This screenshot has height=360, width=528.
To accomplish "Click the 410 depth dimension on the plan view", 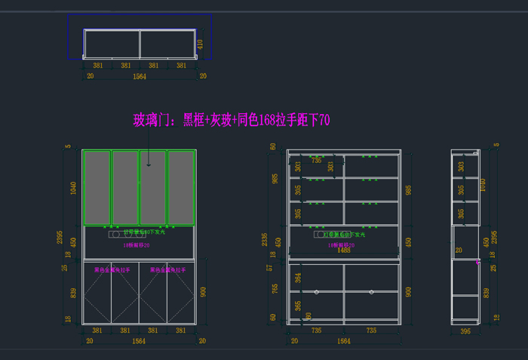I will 200,44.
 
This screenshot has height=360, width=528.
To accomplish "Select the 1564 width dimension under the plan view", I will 140,76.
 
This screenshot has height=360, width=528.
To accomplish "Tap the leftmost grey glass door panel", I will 97,187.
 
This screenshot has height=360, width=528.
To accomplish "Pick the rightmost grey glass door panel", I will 181,187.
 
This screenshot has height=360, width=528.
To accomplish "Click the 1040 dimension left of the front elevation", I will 73,187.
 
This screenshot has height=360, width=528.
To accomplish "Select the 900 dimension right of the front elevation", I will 201,292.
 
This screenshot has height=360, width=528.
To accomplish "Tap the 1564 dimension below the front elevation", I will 140,341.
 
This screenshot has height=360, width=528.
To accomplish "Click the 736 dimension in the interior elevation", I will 316,160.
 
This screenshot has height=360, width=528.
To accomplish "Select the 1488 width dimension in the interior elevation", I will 344,251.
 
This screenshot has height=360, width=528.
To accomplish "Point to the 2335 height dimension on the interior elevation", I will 266,239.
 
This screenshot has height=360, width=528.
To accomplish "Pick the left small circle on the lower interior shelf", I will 317,291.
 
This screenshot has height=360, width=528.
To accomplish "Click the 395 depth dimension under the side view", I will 465,331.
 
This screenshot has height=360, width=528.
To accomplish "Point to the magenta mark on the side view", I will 478,263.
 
